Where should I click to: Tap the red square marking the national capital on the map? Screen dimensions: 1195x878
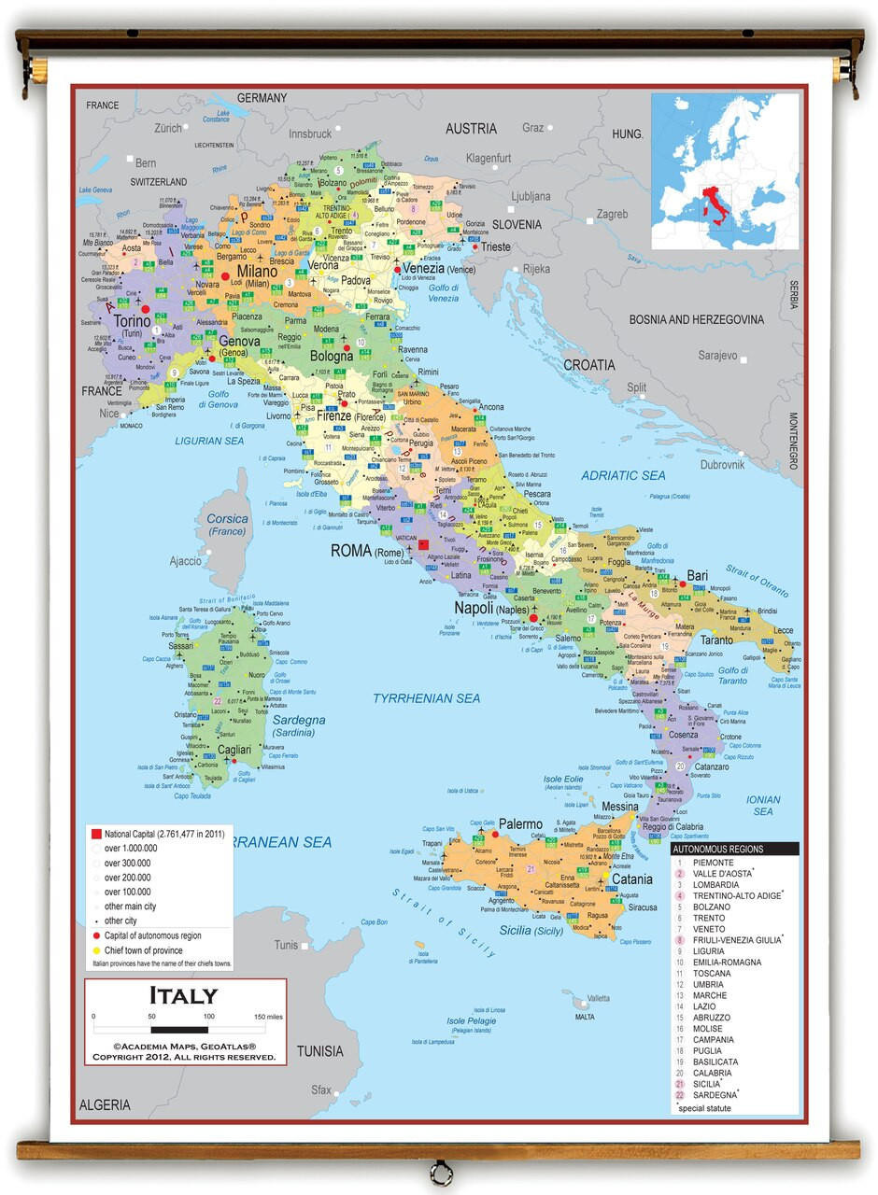423,544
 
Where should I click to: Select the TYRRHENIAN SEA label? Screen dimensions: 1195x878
426,698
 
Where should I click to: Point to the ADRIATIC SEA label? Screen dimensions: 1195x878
623,476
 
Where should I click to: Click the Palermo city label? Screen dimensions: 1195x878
520,824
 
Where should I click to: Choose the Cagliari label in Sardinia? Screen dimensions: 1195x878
234,750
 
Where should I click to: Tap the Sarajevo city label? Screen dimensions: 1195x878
718,356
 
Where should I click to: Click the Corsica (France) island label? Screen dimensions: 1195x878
227,525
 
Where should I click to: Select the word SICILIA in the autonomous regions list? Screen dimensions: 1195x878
707,1084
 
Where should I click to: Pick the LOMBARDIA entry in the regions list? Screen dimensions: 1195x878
715,885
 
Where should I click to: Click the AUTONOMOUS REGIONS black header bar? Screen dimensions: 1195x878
734,850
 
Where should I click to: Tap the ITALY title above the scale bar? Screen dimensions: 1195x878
184,996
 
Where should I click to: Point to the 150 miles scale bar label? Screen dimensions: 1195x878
267,1016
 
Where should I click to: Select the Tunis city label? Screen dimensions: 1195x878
286,945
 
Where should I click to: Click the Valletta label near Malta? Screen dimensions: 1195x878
597,998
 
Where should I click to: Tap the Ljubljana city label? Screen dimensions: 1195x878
531,197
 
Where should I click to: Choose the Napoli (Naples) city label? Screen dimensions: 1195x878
491,608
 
